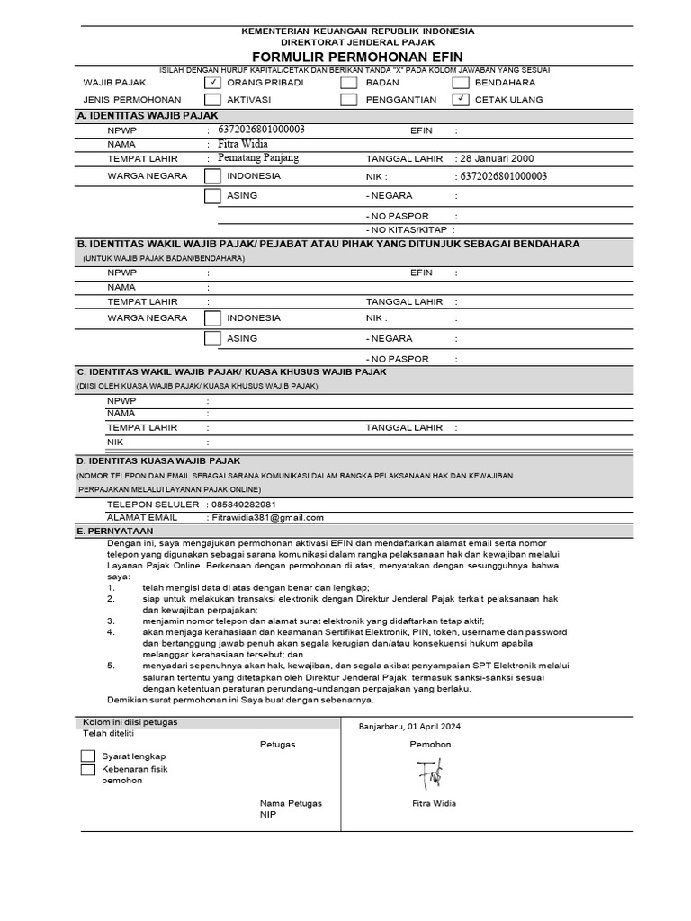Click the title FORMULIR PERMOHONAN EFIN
coord(357,57)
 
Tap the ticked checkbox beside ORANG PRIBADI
coord(212,82)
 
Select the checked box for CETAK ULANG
coord(461,99)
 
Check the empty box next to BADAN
coord(348,82)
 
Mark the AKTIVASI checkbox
coord(212,99)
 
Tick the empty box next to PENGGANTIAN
coord(348,99)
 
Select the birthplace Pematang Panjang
coord(258,158)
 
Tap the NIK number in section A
coord(503,177)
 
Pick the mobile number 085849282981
coord(242,505)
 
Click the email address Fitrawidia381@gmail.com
coord(267,518)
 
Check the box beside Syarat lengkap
coord(87,756)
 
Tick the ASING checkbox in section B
coord(212,339)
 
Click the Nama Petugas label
coord(291,803)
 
